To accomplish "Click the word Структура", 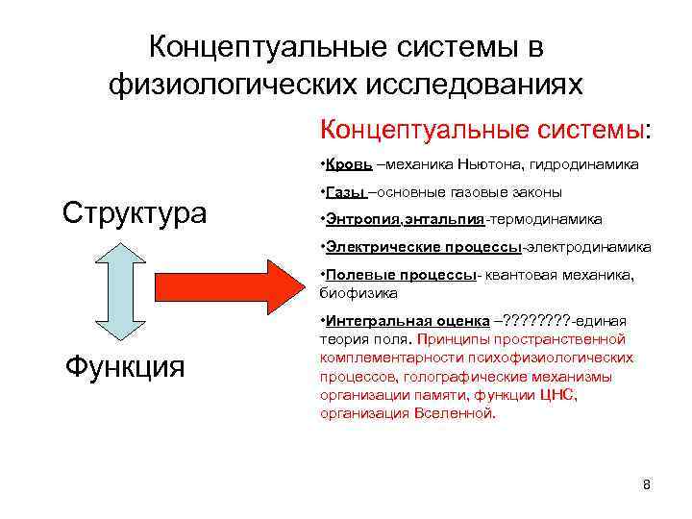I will tap(134, 211).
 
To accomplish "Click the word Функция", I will tap(124, 365).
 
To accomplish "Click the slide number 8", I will tap(646, 484).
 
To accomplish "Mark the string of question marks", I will tap(544, 320).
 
